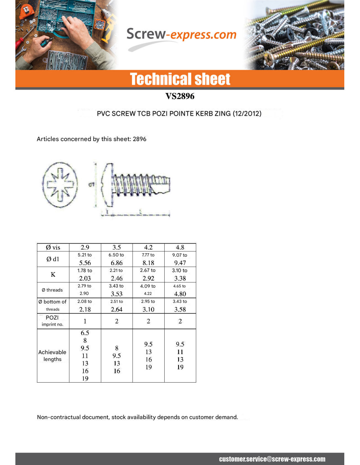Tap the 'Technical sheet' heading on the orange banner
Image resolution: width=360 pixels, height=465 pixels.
180,79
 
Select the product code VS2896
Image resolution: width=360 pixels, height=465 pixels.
180,96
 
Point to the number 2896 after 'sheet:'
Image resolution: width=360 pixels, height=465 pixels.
139,139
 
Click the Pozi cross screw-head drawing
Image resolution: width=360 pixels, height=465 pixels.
60,185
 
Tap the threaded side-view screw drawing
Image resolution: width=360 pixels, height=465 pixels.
137,185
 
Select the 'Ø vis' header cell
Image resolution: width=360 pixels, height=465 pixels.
53,248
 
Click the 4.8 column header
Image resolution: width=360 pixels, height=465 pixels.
180,248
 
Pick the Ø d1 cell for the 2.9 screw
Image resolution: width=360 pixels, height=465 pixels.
85,259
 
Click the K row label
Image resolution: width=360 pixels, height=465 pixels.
53,275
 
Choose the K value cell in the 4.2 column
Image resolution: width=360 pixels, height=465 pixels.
148,275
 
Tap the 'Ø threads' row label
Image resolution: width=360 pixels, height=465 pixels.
52,290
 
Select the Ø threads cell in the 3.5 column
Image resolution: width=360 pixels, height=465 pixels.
117,290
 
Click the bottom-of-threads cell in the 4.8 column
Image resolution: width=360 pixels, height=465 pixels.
180,306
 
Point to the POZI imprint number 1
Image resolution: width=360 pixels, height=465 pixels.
85,321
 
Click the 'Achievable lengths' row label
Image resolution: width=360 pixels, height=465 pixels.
52,356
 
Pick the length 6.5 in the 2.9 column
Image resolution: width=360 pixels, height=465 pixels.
85,333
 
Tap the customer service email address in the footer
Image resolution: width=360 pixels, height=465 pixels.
272,459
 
